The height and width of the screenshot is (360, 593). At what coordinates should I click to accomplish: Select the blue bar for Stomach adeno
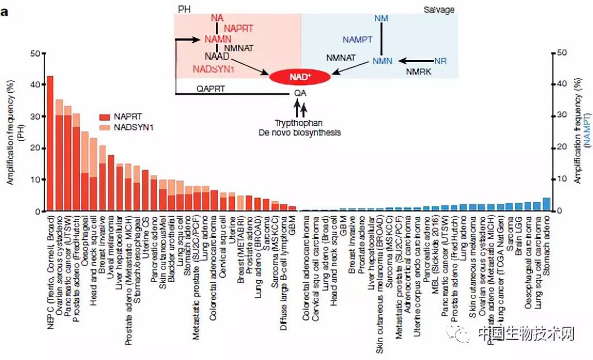[x=546, y=204]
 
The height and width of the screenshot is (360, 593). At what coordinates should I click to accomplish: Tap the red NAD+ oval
[x=299, y=77]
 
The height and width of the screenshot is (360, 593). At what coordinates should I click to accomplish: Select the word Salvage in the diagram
[x=439, y=10]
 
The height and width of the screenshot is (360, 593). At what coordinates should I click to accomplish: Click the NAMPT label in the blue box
[x=357, y=40]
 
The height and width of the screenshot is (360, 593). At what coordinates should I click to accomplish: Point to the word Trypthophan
[x=299, y=124]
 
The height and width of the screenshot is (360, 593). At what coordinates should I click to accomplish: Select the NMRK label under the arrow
[x=418, y=71]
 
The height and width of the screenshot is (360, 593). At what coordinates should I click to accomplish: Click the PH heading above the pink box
[x=184, y=10]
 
